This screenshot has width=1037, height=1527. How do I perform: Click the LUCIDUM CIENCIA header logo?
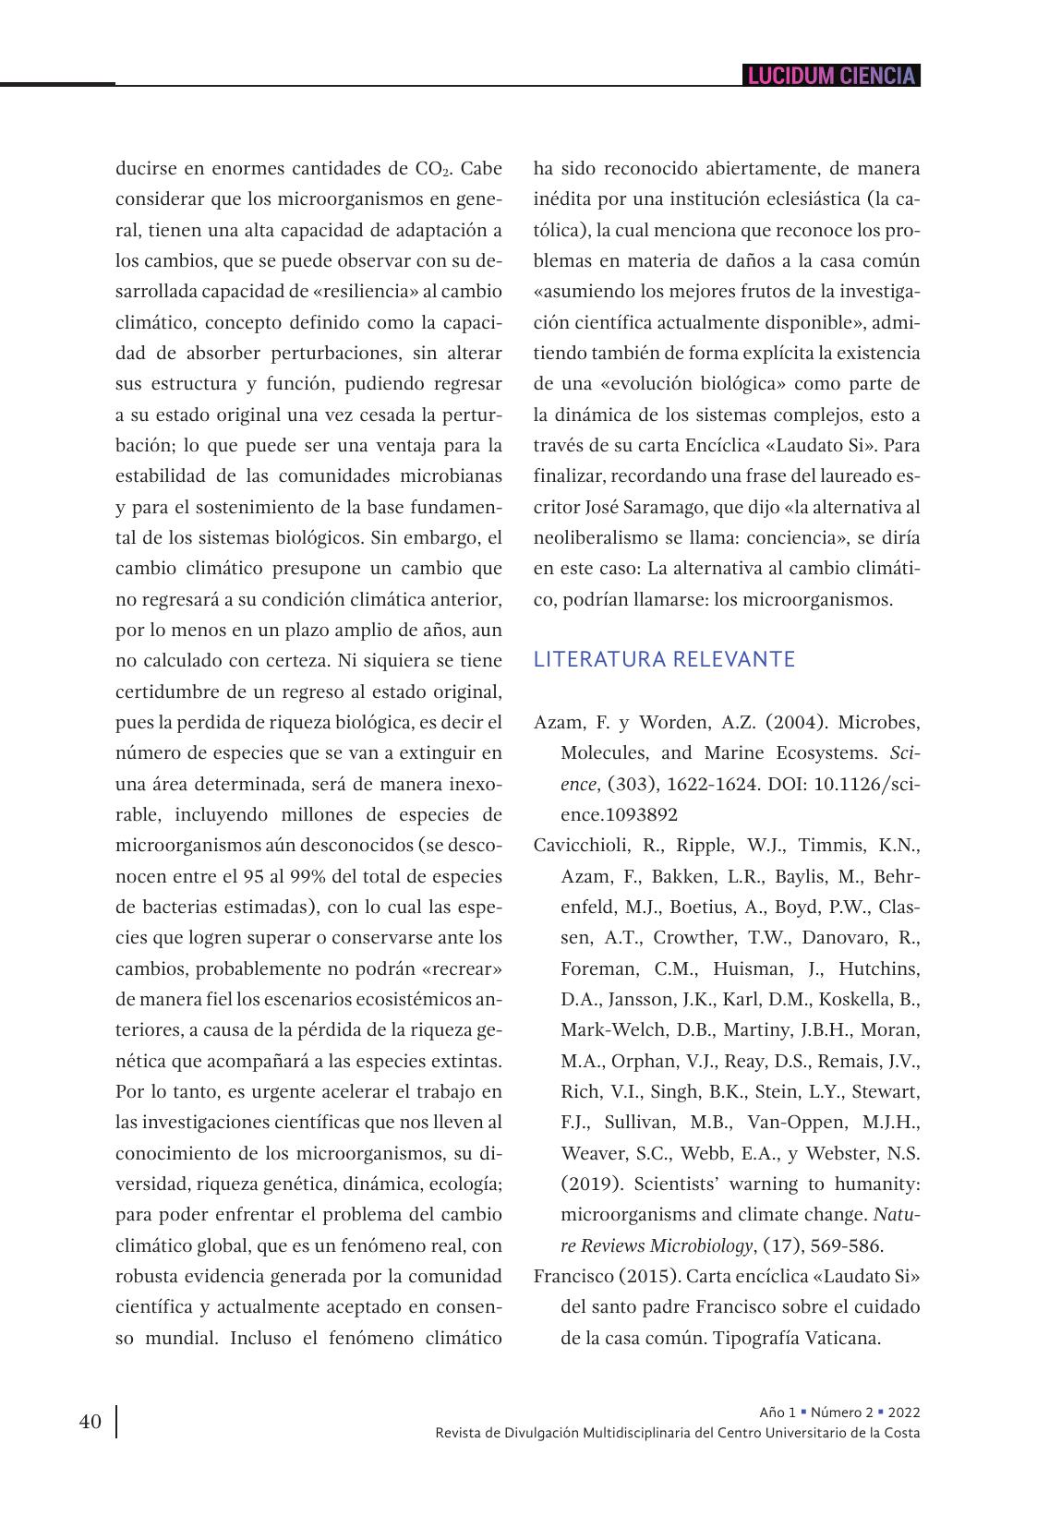(x=831, y=76)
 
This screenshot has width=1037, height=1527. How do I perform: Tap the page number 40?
(x=90, y=1422)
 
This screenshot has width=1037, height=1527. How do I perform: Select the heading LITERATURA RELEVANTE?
(x=664, y=659)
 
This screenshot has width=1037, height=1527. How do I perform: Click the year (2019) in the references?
(x=592, y=1184)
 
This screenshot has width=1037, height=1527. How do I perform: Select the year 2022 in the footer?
(x=904, y=1413)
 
